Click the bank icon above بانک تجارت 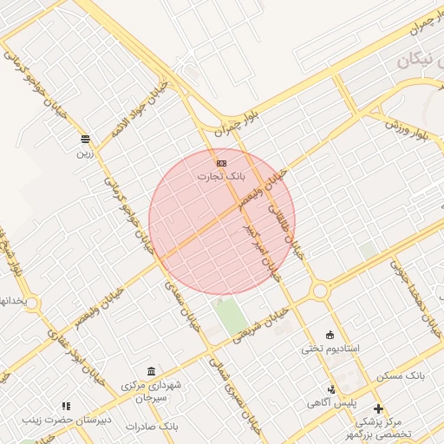[222, 163]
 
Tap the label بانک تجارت [222, 176]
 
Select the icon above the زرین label [85, 139]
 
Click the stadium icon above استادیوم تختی [329, 335]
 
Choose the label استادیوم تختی [329, 349]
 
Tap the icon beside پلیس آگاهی [331, 389]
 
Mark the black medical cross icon [378, 408]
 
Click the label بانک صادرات [151, 427]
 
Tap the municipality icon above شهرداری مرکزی [152, 371]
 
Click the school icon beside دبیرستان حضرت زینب [66, 406]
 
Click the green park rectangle [231, 316]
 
